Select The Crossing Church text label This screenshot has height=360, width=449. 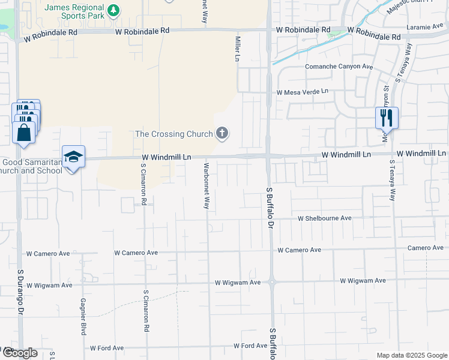coord(175,134)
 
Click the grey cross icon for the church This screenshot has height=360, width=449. coord(223,133)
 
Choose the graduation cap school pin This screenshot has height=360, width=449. coord(73,157)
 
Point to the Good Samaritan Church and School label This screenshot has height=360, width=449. coord(31,166)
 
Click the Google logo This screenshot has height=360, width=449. coord(19,353)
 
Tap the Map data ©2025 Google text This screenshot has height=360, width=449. coord(411,355)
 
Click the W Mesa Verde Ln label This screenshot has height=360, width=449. coord(303,92)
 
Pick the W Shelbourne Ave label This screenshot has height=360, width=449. coord(325,218)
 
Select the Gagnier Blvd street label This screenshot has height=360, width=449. coord(83,317)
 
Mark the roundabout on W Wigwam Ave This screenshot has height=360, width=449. coord(271,281)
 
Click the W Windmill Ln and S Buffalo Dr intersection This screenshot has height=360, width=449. coord(268,155)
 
